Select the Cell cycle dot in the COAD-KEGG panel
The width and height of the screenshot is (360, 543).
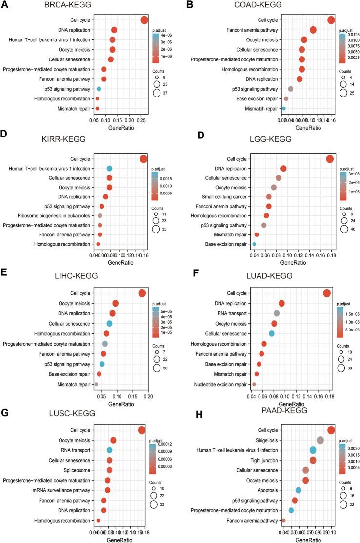(x=331, y=20)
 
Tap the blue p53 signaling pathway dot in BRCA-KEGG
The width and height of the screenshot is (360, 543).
(x=99, y=89)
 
